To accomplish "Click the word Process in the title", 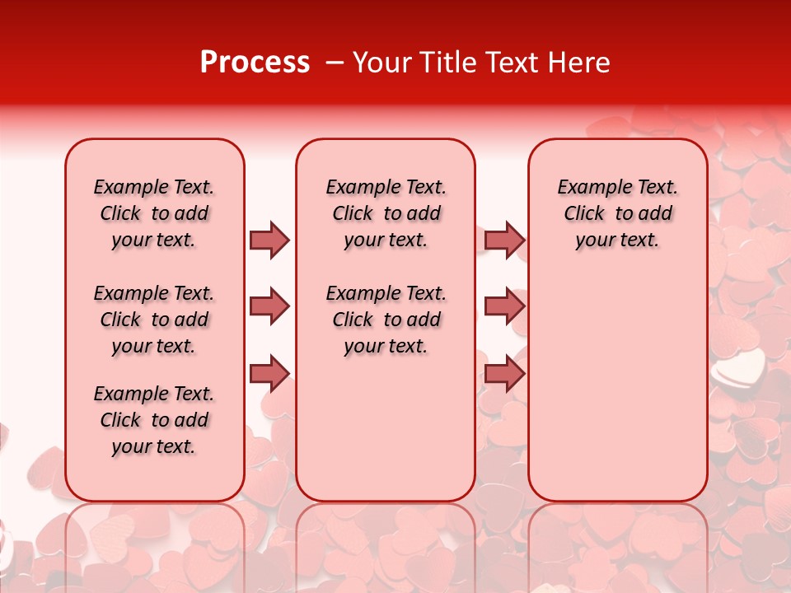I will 255,63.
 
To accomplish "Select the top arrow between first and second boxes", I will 269,240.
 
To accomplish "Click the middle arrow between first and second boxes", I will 269,306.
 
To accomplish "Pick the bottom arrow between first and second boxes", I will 269,374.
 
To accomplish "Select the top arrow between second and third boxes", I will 504,240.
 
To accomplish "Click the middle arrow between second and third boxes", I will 504,306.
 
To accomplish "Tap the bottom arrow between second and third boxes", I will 504,374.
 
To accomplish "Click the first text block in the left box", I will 154,213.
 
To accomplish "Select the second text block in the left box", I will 154,320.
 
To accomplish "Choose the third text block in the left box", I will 154,420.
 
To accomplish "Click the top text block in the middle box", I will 386,213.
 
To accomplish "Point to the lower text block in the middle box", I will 386,320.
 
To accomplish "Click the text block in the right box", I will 617,213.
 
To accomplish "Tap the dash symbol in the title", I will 335,63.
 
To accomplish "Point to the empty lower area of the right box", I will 617,387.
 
